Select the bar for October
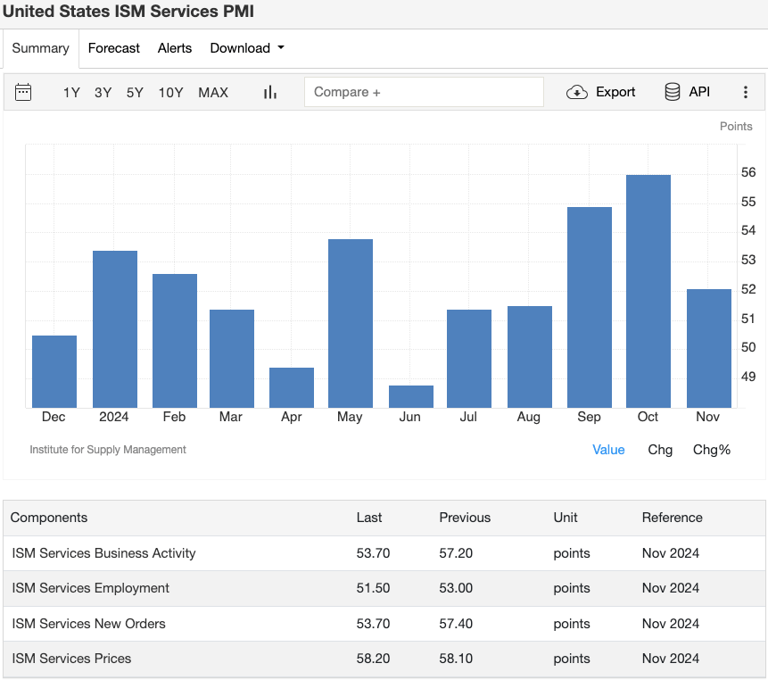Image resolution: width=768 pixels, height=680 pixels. pyautogui.click(x=648, y=291)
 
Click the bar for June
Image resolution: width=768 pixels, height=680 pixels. pyautogui.click(x=411, y=396)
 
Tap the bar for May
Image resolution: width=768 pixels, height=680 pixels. pyautogui.click(x=351, y=323)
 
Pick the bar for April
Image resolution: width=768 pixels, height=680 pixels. pyautogui.click(x=292, y=387)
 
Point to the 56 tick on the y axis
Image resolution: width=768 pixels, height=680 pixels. pyautogui.click(x=748, y=172)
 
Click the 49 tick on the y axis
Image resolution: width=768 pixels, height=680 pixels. pyautogui.click(x=748, y=377)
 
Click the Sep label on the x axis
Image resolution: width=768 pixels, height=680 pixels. pyautogui.click(x=589, y=417)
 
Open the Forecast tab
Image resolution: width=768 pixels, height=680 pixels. pyautogui.click(x=113, y=48)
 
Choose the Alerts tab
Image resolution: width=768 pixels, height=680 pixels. pyautogui.click(x=175, y=48)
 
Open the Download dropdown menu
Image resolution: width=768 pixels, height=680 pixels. pyautogui.click(x=247, y=48)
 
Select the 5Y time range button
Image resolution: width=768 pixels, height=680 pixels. pyautogui.click(x=135, y=92)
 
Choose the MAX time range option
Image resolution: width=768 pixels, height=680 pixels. pyautogui.click(x=213, y=92)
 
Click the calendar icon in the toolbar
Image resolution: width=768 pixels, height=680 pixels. pyautogui.click(x=24, y=92)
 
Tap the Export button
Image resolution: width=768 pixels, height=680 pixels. pyautogui.click(x=601, y=92)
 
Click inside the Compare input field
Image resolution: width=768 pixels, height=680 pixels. pyautogui.click(x=424, y=92)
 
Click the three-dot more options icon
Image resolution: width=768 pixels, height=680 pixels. pyautogui.click(x=746, y=92)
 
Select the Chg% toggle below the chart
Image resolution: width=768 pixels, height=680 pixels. pyautogui.click(x=712, y=450)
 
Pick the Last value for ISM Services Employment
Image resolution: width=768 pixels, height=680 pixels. pyautogui.click(x=373, y=588)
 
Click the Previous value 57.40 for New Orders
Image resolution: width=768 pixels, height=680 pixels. pyautogui.click(x=456, y=623)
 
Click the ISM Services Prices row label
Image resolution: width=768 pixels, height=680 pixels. pyautogui.click(x=71, y=659)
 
